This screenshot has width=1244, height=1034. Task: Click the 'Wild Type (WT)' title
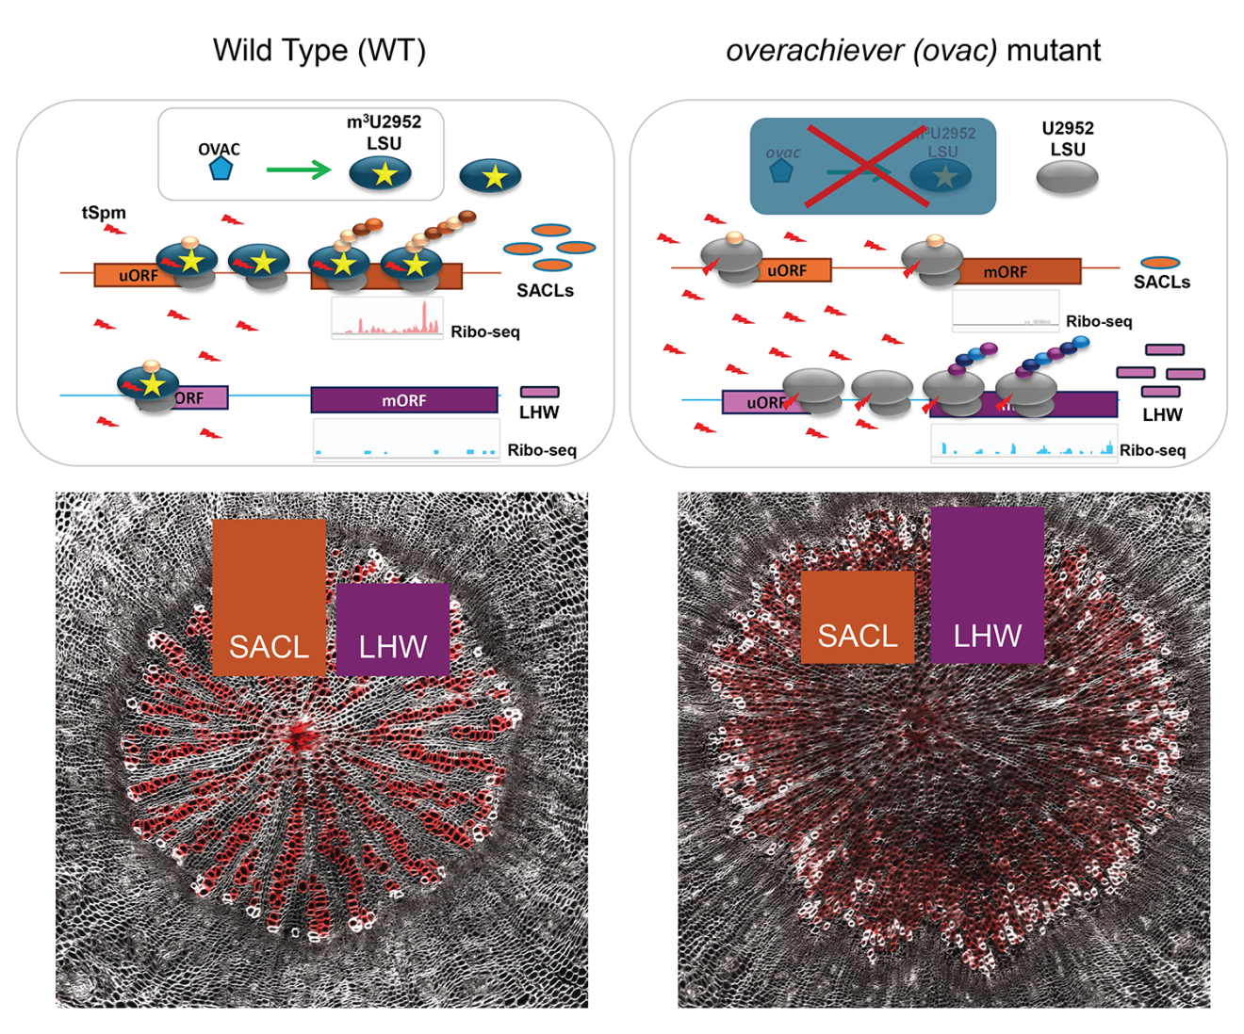tap(319, 50)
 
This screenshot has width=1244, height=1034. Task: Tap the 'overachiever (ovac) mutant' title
tap(912, 50)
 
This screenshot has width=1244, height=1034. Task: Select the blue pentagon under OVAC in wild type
tap(221, 169)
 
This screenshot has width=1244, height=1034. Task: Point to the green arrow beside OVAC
tap(298, 170)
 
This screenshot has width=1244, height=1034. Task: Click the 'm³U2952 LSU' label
tap(384, 132)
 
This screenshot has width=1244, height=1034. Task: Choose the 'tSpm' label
tap(104, 213)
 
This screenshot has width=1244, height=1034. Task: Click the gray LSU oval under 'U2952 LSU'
tap(1068, 177)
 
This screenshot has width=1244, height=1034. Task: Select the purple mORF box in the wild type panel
tap(404, 400)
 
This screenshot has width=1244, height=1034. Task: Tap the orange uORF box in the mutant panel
tap(788, 270)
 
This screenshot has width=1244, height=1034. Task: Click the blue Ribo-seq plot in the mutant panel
tap(1023, 443)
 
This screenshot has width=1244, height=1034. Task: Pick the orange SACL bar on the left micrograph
tap(269, 597)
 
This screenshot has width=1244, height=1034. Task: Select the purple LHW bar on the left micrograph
tap(392, 628)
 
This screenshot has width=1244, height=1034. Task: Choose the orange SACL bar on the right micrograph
tap(857, 617)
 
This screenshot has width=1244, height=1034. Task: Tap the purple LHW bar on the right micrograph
tap(987, 585)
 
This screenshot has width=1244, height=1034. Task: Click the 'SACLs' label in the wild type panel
tap(545, 290)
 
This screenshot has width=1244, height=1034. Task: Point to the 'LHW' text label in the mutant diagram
tap(1162, 414)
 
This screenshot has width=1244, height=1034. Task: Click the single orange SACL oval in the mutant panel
tap(1160, 263)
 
